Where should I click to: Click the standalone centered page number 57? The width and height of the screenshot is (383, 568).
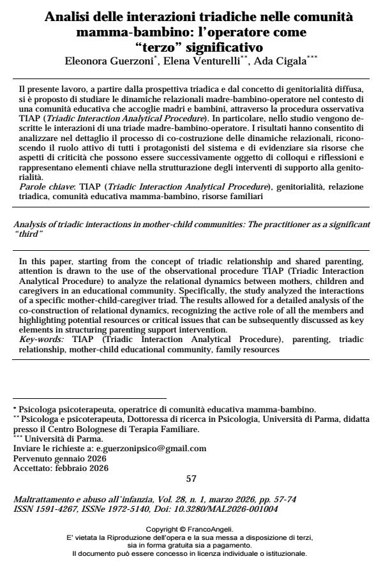click(x=191, y=479)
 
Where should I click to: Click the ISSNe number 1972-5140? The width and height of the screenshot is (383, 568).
click(x=119, y=509)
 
